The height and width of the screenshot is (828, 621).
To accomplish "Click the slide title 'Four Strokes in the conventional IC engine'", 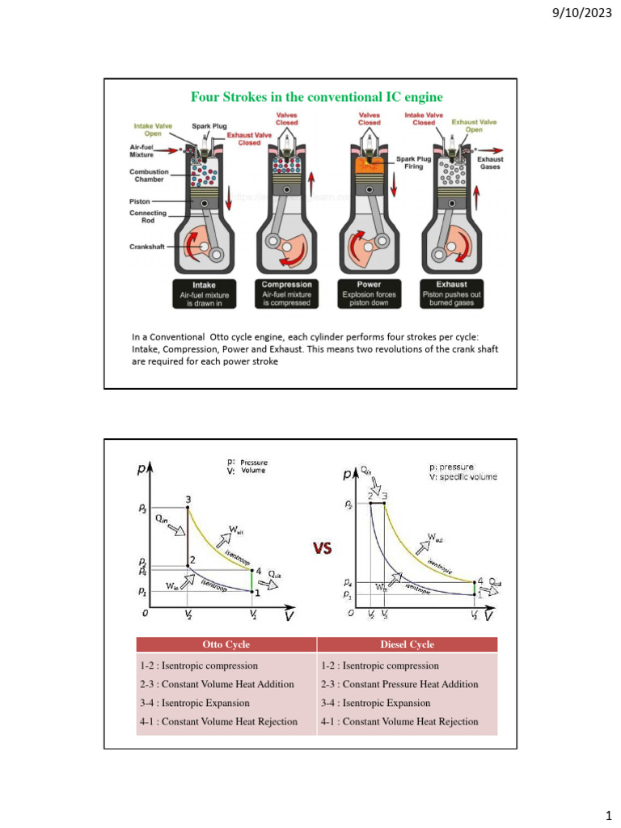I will [317, 97].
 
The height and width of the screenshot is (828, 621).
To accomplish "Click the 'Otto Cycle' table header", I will [226, 644].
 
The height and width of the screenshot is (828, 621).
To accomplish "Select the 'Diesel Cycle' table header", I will [407, 644].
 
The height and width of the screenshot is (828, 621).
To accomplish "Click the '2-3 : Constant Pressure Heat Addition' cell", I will [399, 684].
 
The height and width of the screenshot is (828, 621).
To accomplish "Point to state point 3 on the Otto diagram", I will [188, 506].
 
